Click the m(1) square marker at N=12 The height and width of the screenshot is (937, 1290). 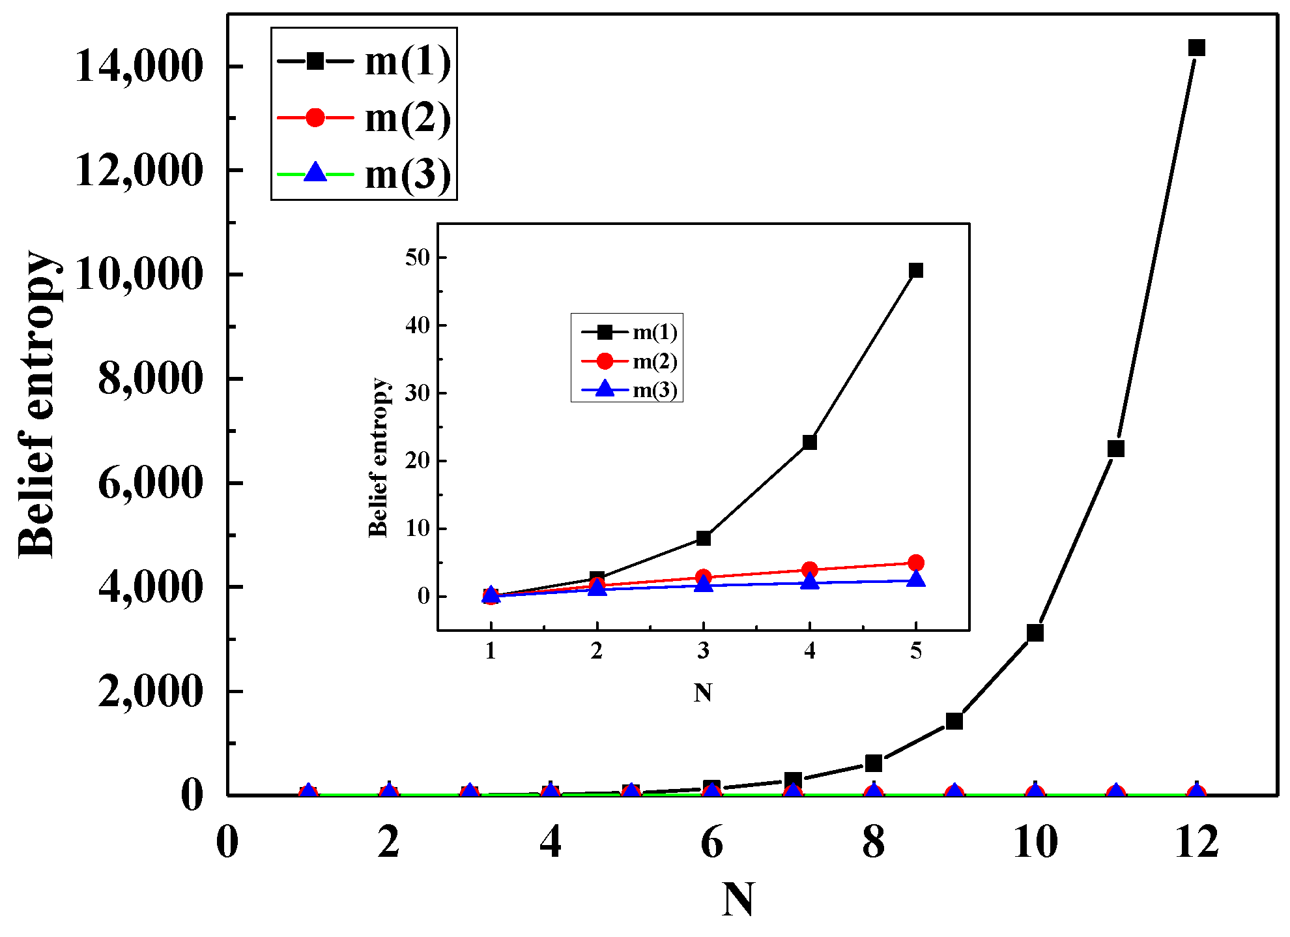[x=1196, y=48]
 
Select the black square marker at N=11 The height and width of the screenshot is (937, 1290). [x=1115, y=449]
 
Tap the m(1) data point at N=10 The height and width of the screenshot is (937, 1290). [x=1035, y=632]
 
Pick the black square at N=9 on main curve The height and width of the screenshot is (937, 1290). [x=954, y=721]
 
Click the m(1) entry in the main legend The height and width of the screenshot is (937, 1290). [x=408, y=62]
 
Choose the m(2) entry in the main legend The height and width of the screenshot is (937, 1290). [x=408, y=118]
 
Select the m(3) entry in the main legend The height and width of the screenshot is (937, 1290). [x=408, y=175]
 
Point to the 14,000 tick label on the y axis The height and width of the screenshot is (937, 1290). [x=139, y=67]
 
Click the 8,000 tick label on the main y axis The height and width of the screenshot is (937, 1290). [x=150, y=379]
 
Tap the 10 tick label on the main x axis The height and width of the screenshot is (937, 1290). [x=1035, y=842]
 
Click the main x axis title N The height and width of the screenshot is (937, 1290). [x=738, y=900]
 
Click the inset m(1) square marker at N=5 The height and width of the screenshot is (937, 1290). [x=915, y=271]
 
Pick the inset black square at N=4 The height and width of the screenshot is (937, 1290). [x=809, y=442]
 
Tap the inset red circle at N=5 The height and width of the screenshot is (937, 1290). [x=915, y=563]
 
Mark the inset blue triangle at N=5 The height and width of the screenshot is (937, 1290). [x=915, y=579]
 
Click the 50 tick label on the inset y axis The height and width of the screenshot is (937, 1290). [x=418, y=258]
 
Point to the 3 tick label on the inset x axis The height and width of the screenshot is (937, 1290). [x=703, y=651]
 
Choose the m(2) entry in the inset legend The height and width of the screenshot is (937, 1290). [x=654, y=361]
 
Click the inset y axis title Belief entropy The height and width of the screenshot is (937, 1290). [x=378, y=456]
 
